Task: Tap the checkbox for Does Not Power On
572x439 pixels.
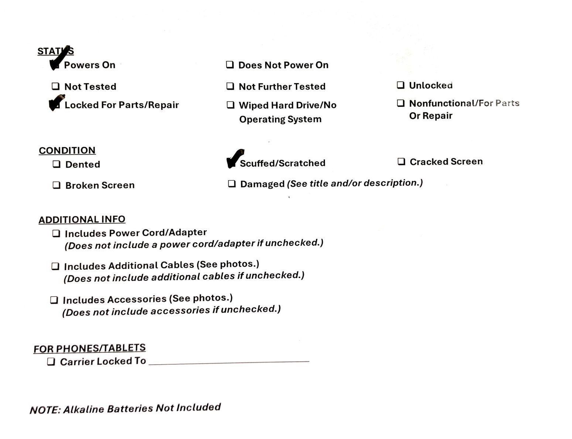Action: pos(230,65)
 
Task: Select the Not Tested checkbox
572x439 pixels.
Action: pos(55,87)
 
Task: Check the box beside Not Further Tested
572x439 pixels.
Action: pos(230,87)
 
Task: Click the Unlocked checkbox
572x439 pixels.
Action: pos(400,85)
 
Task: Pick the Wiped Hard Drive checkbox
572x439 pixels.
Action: pos(231,105)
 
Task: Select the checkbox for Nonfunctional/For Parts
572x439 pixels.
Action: pos(401,103)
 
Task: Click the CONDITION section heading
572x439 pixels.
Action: pos(67,151)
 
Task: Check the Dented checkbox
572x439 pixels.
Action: pos(57,164)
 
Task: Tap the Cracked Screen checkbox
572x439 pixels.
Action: pos(402,162)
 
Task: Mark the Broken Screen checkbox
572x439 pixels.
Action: pos(57,185)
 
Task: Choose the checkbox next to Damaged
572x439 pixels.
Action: pos(232,184)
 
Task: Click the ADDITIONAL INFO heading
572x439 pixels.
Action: pos(82,220)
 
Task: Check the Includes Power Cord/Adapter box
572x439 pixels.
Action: pos(56,234)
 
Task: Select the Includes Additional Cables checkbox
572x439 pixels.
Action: pos(55,266)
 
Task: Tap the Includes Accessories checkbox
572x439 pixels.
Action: pos(54,300)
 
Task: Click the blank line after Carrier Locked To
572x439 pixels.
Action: pos(229,362)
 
